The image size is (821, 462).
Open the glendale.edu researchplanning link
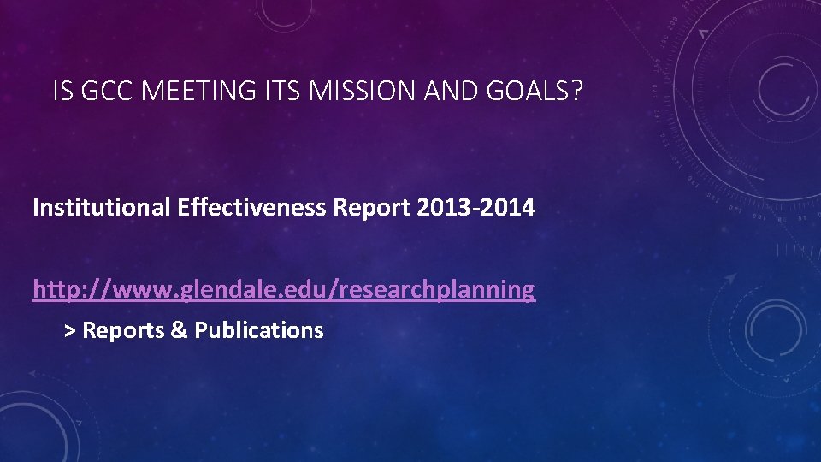pyautogui.click(x=283, y=290)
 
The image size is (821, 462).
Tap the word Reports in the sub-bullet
pyautogui.click(x=124, y=330)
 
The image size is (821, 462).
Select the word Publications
pyautogui.click(x=259, y=330)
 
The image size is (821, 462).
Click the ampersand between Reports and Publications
pyautogui.click(x=180, y=330)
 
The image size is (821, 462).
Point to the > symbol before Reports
pyautogui.click(x=70, y=330)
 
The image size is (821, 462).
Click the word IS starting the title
pyautogui.click(x=61, y=92)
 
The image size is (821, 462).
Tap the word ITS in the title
pyautogui.click(x=275, y=92)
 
